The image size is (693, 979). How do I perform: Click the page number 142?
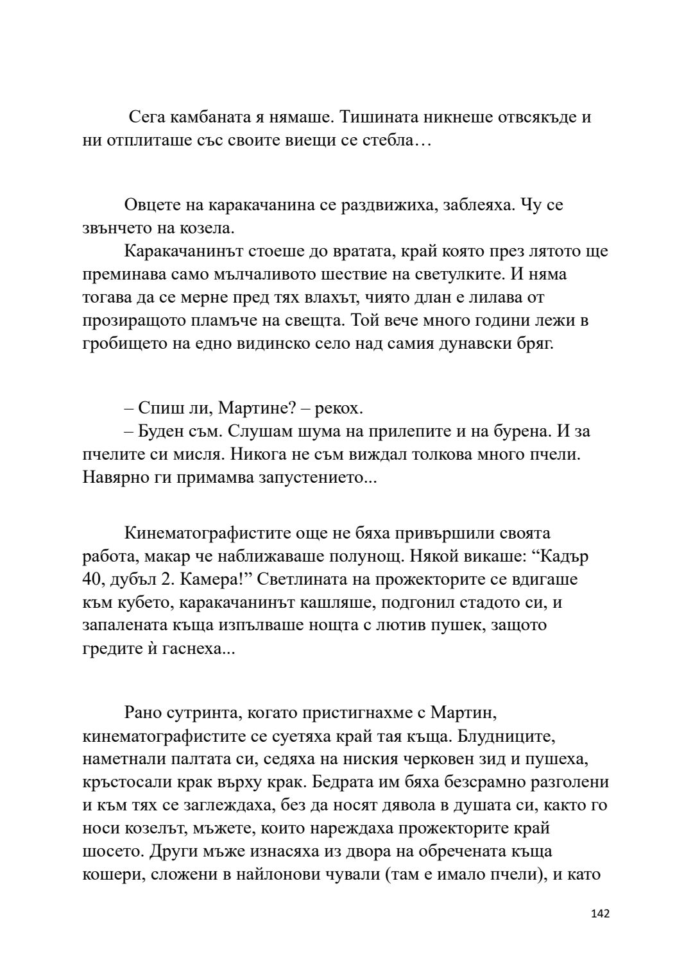(599, 914)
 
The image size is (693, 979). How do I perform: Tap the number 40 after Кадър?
(93, 580)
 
